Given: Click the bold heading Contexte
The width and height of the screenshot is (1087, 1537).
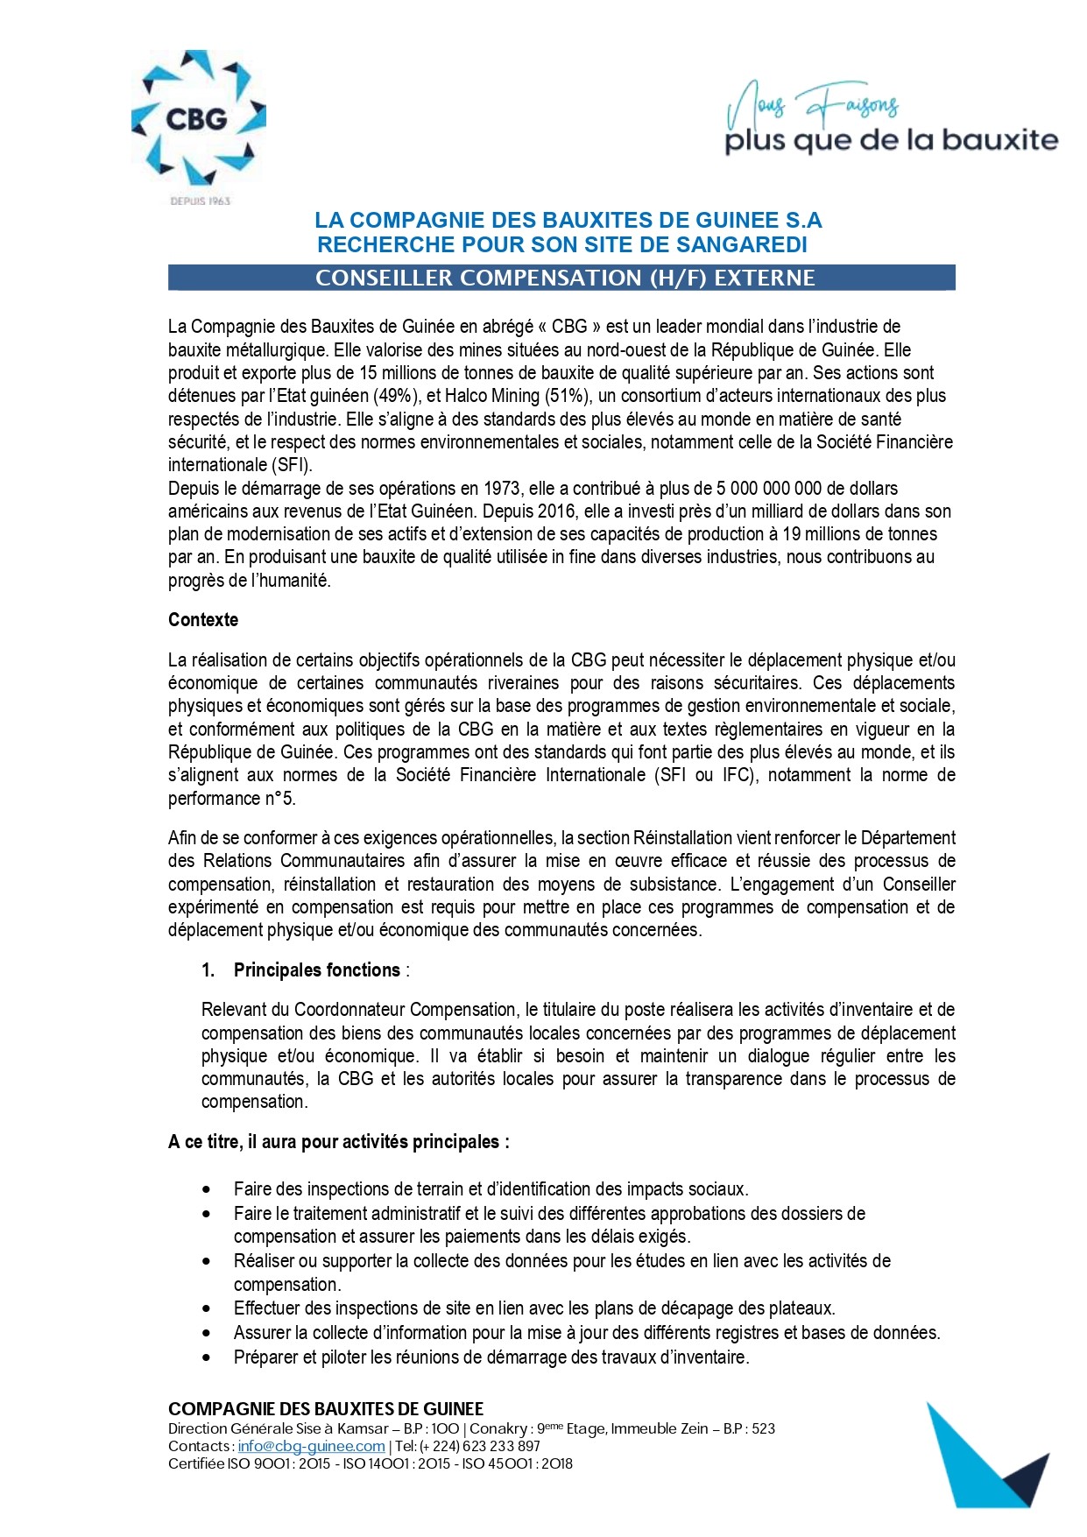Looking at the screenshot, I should pos(203,620).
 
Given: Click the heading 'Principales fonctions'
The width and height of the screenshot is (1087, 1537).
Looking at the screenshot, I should pos(316,970).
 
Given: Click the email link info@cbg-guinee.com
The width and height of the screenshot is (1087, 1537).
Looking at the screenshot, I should pos(311,1446).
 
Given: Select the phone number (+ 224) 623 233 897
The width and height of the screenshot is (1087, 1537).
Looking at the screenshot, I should pos(480,1446).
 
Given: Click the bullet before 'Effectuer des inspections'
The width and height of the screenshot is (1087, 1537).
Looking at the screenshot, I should pos(206,1308).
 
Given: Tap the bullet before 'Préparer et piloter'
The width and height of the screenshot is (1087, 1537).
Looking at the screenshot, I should pos(206,1357).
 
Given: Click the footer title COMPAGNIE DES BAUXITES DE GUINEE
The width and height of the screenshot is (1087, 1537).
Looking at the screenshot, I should pos(326,1409).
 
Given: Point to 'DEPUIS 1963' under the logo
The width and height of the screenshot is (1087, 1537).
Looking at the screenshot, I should pos(200,201).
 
